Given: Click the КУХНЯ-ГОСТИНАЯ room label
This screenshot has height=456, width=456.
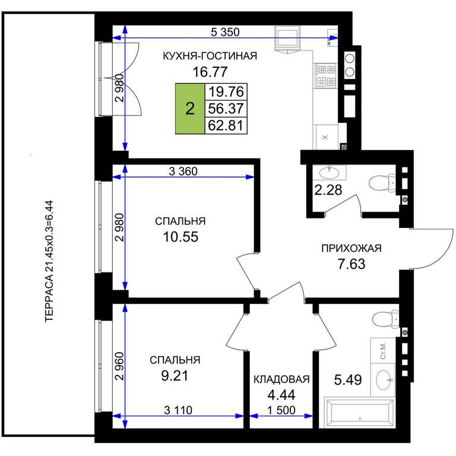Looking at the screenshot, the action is coord(210,56).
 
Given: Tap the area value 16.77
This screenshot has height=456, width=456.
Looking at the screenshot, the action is coord(210,71).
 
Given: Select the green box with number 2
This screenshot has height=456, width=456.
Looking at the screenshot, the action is coord(190,109).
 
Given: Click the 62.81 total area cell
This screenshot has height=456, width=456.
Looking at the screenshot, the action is coord(226,126).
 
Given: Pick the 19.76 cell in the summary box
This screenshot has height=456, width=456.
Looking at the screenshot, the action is coord(226,91).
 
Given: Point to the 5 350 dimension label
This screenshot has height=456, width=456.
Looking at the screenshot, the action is coord(225,32).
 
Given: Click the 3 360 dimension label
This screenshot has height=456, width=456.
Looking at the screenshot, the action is coord(183,171).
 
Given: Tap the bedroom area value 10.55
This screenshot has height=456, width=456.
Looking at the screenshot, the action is coord(180,237).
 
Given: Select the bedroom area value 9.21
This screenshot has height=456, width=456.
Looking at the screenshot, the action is coord(175,376).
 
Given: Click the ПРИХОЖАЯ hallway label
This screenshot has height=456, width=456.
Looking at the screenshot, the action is coord(351,248).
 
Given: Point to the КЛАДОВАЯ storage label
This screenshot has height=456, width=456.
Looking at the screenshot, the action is coord(281,379).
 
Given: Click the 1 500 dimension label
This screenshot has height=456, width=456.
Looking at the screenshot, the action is coord(281,410).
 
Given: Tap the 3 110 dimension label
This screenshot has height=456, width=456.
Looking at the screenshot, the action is coord(178,410).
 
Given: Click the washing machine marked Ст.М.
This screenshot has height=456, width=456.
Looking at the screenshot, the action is coord(383,350).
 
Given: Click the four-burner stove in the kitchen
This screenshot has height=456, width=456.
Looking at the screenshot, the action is coord(325,75).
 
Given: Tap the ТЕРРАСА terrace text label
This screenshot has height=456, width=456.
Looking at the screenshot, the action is coord(49,261).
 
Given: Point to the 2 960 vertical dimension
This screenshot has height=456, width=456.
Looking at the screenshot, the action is coord(119,366).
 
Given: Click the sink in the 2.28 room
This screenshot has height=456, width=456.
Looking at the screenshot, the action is coord(329,173).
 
